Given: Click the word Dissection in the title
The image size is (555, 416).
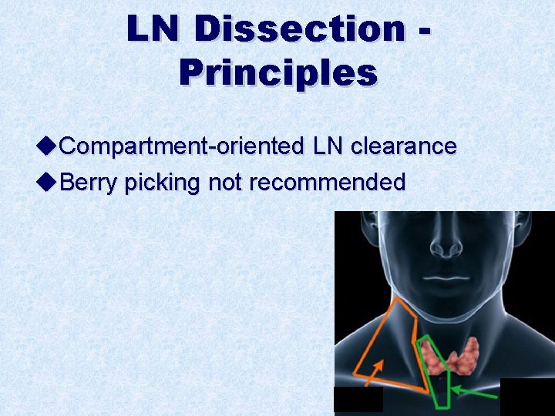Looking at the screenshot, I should [x=301, y=29].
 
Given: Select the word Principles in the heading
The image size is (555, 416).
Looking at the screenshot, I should [x=278, y=72].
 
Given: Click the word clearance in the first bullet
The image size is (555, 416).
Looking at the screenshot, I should [x=403, y=146].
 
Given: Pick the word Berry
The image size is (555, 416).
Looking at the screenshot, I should [x=89, y=183].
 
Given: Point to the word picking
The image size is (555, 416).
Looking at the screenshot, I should [x=162, y=183].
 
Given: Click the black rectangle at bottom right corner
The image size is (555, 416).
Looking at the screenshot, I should [x=527, y=397].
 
